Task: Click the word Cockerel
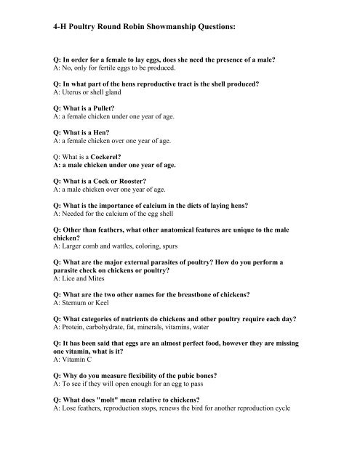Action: [109, 157]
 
